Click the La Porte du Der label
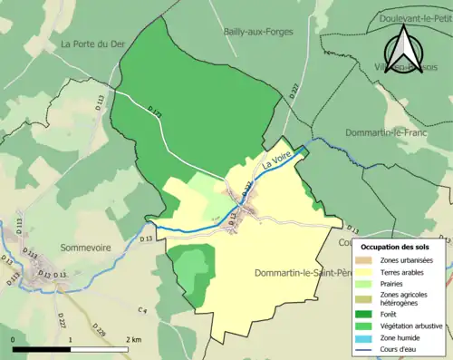point(92,44)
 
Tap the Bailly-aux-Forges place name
point(255,32)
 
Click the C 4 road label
point(142,311)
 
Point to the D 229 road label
point(99,330)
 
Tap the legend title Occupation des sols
point(396,247)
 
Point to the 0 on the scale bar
point(14,340)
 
